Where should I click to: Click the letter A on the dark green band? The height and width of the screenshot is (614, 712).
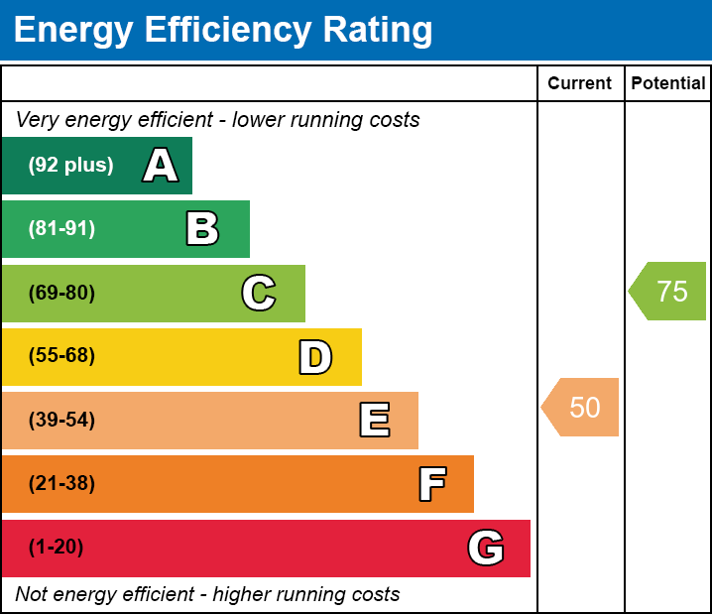(161, 166)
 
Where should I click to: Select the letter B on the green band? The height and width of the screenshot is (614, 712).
(202, 229)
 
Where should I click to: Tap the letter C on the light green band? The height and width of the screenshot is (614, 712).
(259, 294)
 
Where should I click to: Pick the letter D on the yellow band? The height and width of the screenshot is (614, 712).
(315, 357)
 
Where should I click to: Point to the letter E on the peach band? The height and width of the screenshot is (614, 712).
(374, 421)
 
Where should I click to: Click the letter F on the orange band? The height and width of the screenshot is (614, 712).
(431, 485)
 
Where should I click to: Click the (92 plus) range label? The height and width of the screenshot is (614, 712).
(70, 166)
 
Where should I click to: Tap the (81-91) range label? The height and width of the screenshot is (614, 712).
(61, 229)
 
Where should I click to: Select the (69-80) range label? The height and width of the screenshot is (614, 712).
(61, 294)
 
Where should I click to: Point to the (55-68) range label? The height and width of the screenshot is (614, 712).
(61, 356)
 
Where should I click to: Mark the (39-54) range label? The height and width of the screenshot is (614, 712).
(61, 421)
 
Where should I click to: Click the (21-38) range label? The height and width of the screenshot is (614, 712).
(61, 484)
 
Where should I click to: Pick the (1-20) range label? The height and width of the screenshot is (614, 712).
(56, 548)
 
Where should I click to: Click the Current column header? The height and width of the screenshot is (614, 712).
(580, 83)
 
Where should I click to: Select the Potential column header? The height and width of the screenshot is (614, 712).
(668, 83)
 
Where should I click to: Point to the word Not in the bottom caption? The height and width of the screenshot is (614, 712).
(32, 594)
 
